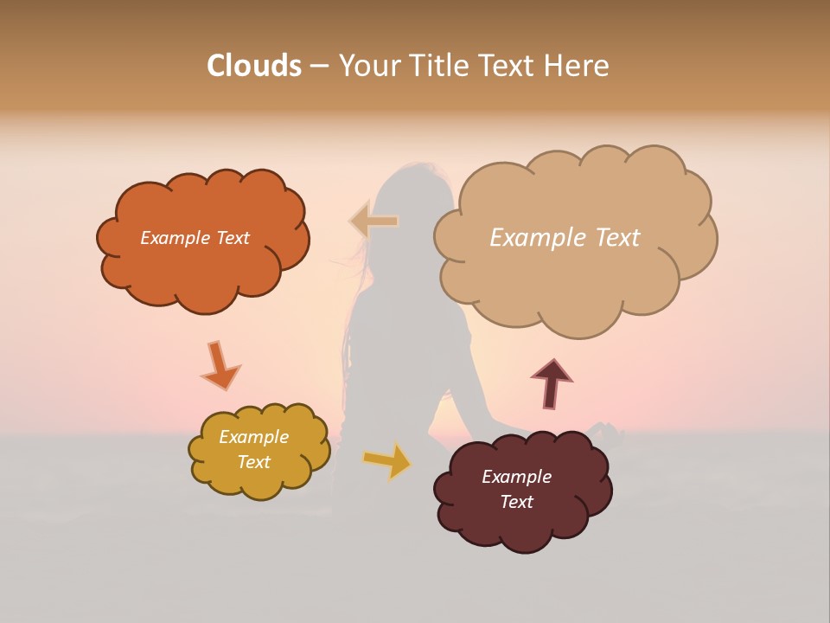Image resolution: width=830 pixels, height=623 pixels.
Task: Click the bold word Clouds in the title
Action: click(253, 66)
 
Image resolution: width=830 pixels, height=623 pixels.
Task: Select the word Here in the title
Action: click(578, 66)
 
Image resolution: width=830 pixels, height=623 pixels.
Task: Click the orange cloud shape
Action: click(202, 277)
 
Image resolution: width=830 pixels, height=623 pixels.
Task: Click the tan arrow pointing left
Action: click(373, 222)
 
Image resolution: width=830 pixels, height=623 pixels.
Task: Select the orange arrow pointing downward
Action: click(220, 366)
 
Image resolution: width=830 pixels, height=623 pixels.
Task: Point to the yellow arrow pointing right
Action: click(387, 460)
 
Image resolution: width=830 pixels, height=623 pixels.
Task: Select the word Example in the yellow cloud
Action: click(253, 437)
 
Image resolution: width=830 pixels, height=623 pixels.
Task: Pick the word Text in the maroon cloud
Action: click(516, 502)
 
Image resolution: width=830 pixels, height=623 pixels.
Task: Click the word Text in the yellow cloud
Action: click(253, 462)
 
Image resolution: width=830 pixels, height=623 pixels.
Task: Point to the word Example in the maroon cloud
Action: click(516, 477)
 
